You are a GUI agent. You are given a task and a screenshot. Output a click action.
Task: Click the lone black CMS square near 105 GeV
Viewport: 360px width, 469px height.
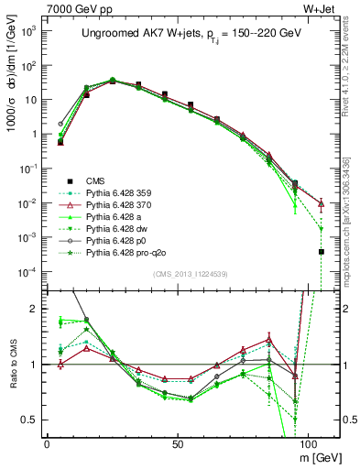322,251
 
